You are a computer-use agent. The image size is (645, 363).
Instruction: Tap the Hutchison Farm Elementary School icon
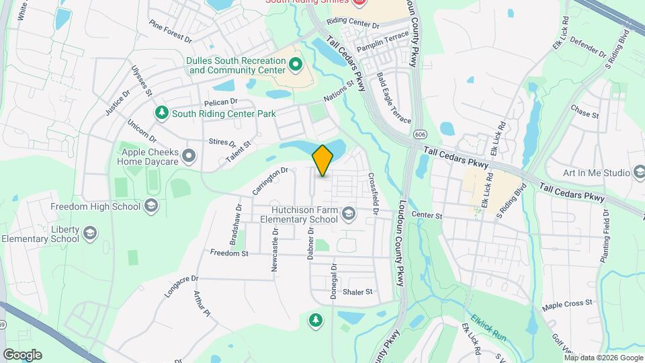point(348,214)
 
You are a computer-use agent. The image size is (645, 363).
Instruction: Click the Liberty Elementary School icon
point(90,233)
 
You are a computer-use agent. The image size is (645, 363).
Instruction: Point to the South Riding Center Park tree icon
point(161,114)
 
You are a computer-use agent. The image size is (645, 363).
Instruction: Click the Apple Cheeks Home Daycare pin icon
point(189,157)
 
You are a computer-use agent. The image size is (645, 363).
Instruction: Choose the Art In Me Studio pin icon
point(638,173)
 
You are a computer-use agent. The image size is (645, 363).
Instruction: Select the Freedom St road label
point(229,253)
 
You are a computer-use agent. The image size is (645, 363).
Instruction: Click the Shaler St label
point(357,292)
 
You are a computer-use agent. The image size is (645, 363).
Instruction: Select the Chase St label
point(585,110)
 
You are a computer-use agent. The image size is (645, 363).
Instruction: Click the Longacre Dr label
point(182,286)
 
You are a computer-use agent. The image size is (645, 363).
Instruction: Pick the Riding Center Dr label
point(353,23)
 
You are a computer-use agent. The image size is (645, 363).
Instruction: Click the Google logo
point(22,355)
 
